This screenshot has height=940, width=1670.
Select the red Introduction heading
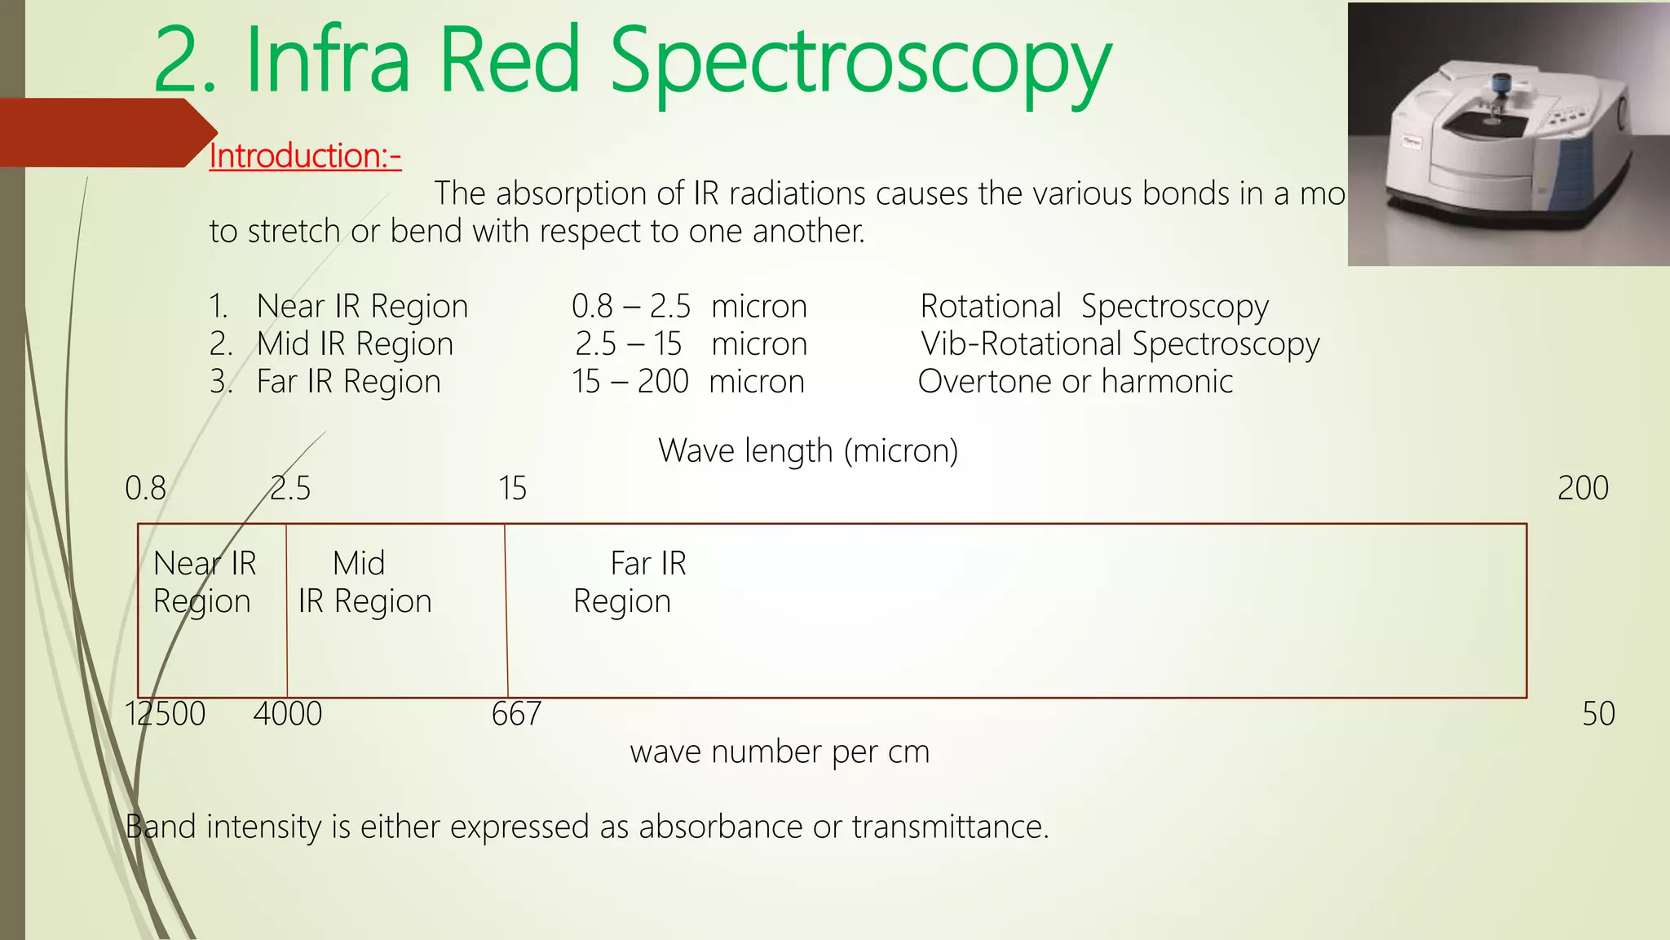[x=305, y=155]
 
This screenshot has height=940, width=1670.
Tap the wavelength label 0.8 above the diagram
[x=145, y=488]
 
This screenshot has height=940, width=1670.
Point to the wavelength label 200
[x=1583, y=488]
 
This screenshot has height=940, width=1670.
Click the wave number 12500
[x=165, y=714]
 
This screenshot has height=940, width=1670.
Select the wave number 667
[x=516, y=714]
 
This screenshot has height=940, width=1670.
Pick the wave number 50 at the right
[x=1598, y=714]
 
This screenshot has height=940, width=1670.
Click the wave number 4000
[x=287, y=714]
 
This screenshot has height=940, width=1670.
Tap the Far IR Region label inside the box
[x=630, y=582]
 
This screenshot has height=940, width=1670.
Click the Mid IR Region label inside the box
[x=364, y=582]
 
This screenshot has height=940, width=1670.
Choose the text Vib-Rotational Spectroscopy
[x=1120, y=344]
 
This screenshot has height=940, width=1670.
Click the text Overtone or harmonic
[x=1075, y=382]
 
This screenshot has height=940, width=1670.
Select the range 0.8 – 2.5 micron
[x=689, y=307]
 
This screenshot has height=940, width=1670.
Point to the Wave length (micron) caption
[x=808, y=450]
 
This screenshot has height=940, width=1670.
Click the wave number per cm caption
[x=780, y=752]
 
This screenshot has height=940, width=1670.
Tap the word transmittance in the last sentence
[x=950, y=827]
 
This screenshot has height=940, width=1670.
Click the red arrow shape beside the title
[x=106, y=132]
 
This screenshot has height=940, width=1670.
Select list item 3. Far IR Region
[x=325, y=382]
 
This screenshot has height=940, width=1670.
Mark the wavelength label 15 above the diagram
[x=512, y=488]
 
